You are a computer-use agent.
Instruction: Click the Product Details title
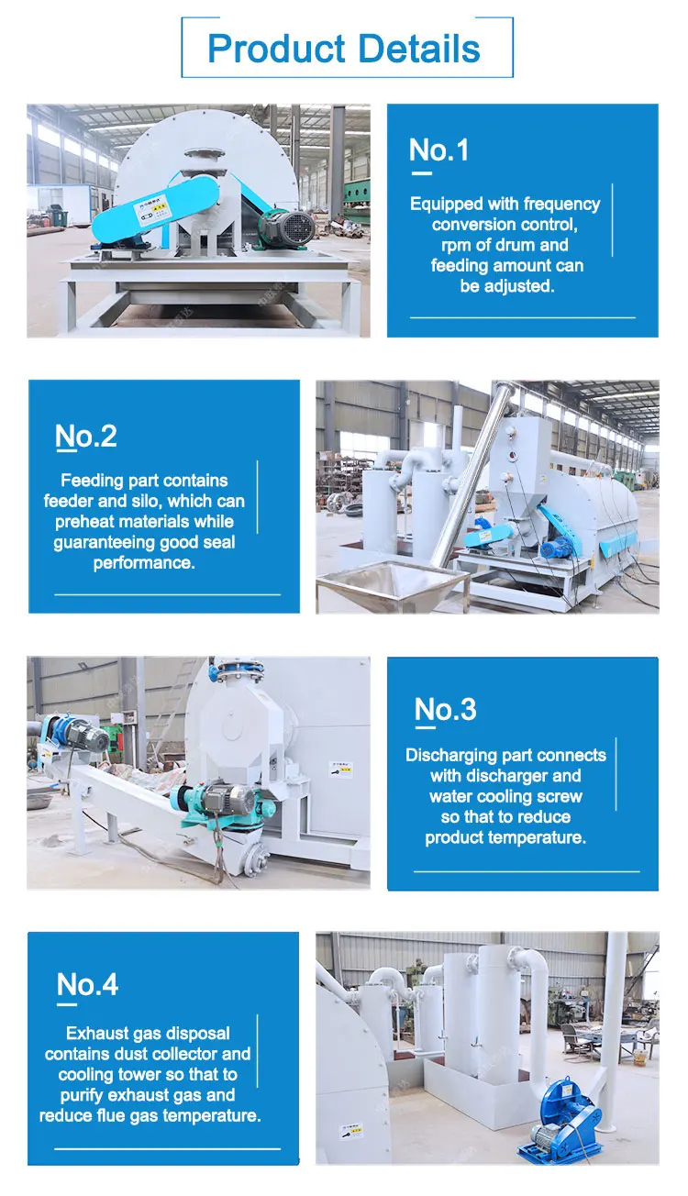[344, 49]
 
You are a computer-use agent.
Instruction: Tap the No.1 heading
[438, 149]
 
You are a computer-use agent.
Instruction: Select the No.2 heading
[86, 437]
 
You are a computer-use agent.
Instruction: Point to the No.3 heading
[446, 709]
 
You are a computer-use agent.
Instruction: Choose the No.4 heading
[87, 984]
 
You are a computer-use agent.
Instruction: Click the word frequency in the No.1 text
[562, 204]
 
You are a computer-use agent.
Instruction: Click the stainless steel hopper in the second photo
[393, 585]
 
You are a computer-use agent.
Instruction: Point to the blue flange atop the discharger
[236, 670]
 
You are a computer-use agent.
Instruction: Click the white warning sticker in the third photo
[340, 770]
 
